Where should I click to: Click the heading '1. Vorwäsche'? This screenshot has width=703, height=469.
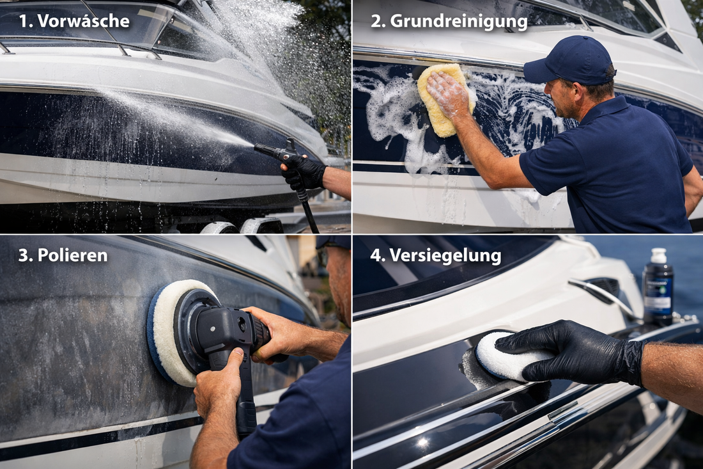coord(73,21)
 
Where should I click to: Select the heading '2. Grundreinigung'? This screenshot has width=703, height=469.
coord(449,21)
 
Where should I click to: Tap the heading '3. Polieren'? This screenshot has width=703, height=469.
coord(63,255)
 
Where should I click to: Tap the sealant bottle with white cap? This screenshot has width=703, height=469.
coord(658,287)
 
